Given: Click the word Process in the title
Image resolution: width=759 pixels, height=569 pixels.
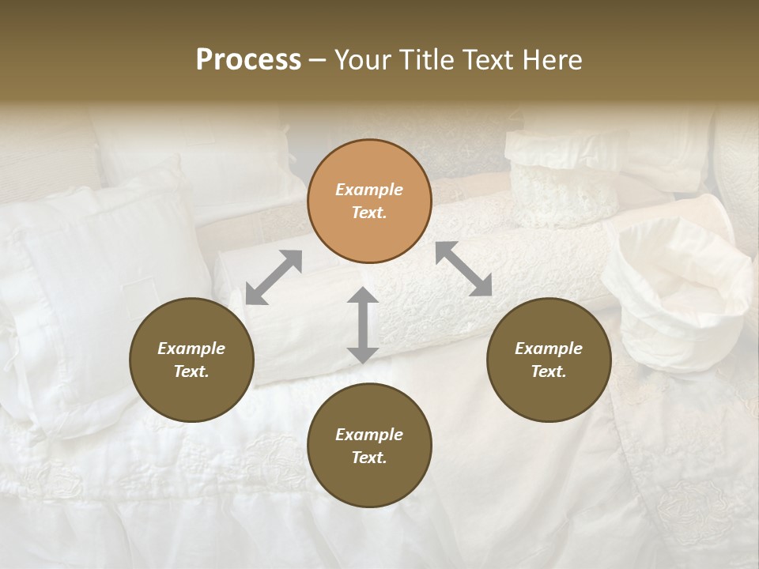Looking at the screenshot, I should [x=248, y=60].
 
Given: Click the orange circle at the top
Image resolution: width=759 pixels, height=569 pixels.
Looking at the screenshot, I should [x=369, y=201].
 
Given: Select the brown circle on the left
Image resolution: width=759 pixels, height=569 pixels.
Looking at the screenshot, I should [x=191, y=360].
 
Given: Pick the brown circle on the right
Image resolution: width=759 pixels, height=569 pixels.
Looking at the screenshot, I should [x=549, y=360].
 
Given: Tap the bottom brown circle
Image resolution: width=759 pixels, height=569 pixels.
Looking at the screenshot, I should [x=369, y=446].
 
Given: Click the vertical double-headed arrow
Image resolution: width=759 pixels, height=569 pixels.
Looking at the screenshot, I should [x=363, y=325].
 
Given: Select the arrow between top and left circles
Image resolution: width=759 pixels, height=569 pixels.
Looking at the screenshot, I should [x=274, y=277].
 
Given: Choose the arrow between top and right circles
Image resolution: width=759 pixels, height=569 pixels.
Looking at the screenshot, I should [x=464, y=269].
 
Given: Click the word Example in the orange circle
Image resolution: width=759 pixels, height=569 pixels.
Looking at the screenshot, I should [x=369, y=190].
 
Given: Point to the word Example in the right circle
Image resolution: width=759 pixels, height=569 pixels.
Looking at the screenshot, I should [x=549, y=349].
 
